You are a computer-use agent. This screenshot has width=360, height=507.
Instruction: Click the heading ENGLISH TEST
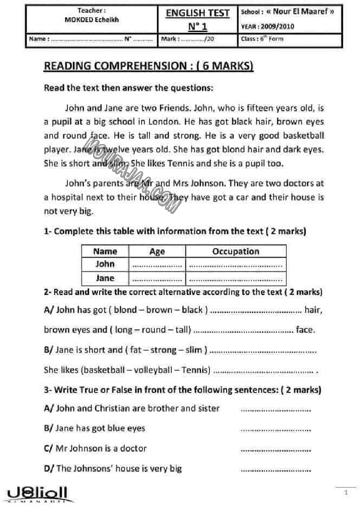coord(197,13)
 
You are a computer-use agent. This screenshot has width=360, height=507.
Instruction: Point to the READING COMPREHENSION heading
coord(148,66)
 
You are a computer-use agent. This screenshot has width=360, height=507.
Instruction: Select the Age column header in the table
coord(157,251)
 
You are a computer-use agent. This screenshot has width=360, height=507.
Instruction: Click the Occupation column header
coord(235,251)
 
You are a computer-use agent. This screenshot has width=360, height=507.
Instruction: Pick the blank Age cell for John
coord(157,265)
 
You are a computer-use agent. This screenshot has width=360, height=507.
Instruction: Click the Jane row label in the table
coord(105,278)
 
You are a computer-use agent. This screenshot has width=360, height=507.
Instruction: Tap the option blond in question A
coord(125,310)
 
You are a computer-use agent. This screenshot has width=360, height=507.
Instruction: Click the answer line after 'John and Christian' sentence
coord(275,409)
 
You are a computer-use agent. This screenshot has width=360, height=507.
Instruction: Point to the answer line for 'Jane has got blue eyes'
coord(275,429)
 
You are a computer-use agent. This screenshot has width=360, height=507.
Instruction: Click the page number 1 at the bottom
coord(346,493)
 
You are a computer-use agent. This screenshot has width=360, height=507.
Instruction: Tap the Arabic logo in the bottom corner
coord(38,494)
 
